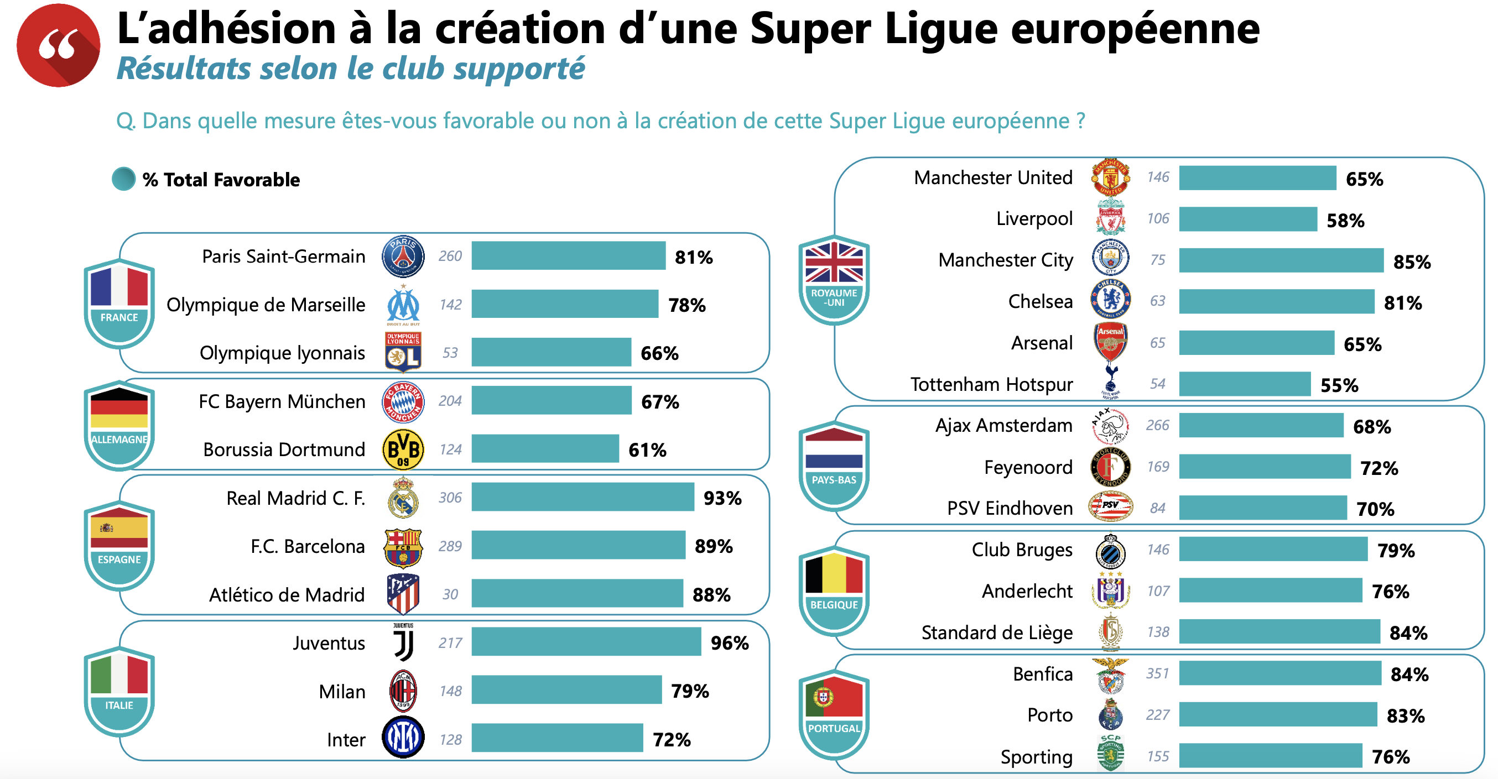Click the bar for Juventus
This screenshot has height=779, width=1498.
[586, 642]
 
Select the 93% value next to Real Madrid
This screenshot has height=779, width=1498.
[722, 498]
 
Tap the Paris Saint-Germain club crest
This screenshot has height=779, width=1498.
[402, 257]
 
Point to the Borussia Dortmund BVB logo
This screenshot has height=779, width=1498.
[402, 449]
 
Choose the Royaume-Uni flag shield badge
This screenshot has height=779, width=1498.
[834, 280]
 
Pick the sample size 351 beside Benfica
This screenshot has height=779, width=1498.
[1157, 673]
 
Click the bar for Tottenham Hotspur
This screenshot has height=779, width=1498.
[1245, 384]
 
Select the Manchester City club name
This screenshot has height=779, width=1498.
[1005, 260]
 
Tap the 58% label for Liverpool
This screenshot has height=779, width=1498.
[1345, 221]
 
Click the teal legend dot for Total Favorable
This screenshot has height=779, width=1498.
[123, 179]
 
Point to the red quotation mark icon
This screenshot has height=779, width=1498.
[58, 45]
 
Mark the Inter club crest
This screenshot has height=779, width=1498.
[402, 738]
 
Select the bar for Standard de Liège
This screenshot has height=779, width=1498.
[1279, 632]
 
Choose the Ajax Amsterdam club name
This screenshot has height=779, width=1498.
[1003, 426]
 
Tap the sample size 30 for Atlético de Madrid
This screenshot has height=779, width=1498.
[450, 594]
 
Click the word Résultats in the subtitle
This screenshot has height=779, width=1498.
[183, 69]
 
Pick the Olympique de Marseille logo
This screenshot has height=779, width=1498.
[402, 305]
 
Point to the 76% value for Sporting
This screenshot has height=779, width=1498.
[1391, 756]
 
